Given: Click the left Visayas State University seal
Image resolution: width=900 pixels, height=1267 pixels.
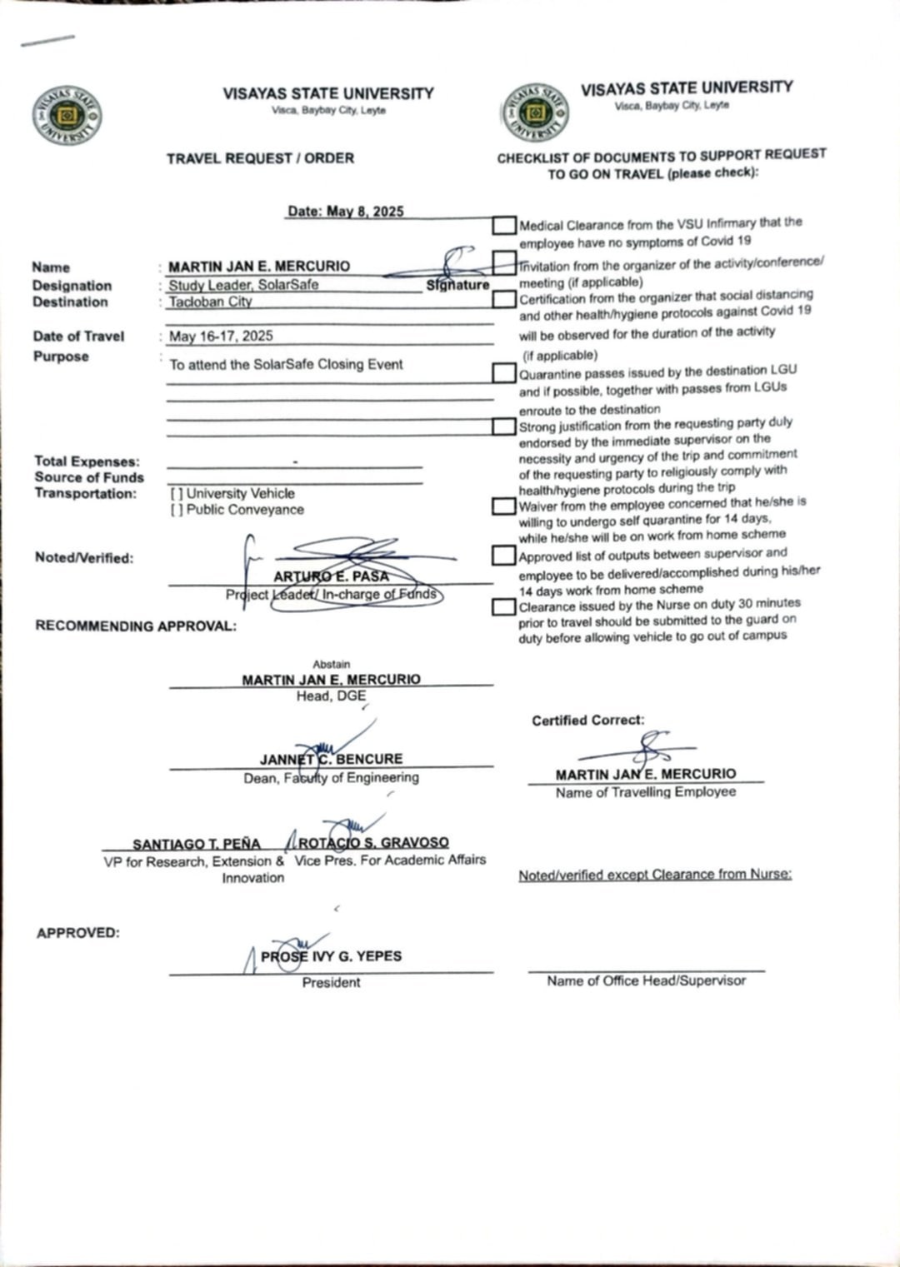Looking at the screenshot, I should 67,115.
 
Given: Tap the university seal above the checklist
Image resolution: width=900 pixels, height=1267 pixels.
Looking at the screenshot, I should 536,112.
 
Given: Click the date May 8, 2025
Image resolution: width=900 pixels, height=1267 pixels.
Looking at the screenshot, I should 345,211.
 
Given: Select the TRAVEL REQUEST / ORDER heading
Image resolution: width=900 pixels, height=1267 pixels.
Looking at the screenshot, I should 260,158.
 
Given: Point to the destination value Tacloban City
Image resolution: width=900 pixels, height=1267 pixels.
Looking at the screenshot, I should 210,302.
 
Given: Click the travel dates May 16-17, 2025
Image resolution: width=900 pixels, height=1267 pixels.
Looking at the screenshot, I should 221,336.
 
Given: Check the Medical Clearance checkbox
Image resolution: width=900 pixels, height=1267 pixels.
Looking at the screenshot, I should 504,225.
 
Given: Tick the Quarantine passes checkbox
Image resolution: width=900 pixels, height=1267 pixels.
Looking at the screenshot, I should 503,372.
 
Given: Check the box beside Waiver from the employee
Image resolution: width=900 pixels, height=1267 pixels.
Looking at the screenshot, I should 503,506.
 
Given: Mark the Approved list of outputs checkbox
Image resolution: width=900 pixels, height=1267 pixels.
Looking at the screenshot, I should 503,555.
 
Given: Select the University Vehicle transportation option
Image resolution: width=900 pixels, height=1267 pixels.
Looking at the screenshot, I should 177,493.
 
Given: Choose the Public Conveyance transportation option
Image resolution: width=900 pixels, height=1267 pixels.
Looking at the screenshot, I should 177,510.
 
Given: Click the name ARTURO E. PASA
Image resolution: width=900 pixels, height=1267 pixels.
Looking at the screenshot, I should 331,576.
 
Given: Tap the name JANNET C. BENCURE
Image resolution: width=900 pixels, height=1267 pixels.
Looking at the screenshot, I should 331,759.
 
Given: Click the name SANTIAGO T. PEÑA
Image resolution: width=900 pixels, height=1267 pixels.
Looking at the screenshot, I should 197,844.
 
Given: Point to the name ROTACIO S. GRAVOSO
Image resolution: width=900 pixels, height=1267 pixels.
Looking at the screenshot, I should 373,843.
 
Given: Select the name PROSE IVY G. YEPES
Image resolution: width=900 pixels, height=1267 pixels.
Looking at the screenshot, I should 331,956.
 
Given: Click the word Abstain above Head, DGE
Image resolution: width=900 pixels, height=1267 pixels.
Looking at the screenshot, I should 332,664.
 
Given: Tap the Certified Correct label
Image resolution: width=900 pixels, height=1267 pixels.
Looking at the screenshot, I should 587,721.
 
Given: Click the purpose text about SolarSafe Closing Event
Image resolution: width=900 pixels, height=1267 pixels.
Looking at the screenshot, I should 286,364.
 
